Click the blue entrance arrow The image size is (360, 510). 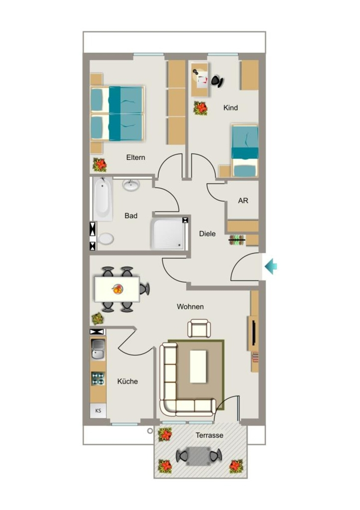pos(270,267)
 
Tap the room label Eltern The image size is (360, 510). pos(135,157)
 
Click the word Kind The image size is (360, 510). pos(231,108)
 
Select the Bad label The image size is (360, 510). pos(131,216)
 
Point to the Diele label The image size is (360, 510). pos(208,234)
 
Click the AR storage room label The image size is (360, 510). pos(243,201)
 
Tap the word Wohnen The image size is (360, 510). pos(190,307)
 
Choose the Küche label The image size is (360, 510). pos(127,381)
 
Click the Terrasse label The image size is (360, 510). pos(210,435)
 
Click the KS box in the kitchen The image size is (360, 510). pos(98,410)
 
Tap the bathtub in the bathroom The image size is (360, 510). pos(103,199)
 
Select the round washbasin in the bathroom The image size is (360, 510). pos(131,185)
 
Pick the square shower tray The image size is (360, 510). pos(168,234)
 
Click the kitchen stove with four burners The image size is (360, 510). pos(98,379)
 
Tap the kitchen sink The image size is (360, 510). pos(98,349)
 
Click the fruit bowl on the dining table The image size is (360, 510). pos(118,289)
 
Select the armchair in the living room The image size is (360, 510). pos(199,328)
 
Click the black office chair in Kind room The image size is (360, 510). pos(218,81)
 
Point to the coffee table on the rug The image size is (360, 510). pos(198,366)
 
